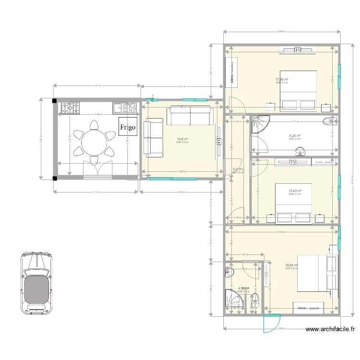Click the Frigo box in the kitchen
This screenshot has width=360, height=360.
click(x=128, y=127)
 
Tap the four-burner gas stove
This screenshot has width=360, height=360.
click(x=70, y=108)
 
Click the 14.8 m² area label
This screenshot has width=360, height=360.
click(x=182, y=140)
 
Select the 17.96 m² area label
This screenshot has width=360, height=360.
click(x=281, y=80)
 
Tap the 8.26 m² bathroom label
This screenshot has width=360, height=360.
click(x=295, y=136)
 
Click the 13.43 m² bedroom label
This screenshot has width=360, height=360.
click(x=294, y=191)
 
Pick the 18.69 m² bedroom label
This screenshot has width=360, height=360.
click(x=291, y=265)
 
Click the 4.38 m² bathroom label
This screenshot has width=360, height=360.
click(x=243, y=288)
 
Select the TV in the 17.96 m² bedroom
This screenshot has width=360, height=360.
click(x=298, y=49)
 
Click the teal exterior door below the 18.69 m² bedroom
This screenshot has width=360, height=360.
click(x=272, y=324)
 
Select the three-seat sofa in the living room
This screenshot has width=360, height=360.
click(x=190, y=116)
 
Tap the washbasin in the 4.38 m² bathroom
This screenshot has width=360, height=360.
click(x=228, y=273)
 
